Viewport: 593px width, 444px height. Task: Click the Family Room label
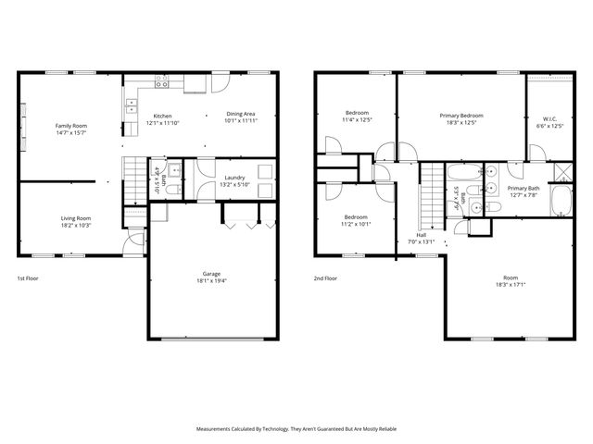70,125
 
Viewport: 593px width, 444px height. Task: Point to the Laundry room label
233,176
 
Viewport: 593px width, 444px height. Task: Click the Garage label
212,274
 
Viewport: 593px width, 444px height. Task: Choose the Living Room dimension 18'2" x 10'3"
76,225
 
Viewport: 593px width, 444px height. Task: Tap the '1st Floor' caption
29,278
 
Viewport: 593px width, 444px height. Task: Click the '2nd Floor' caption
325,278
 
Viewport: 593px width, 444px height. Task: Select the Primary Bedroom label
461,115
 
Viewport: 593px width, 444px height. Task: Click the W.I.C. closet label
549,118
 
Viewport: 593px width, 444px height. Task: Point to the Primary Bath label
523,188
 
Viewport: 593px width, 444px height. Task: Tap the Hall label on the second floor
422,235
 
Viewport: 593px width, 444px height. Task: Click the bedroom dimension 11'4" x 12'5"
356,119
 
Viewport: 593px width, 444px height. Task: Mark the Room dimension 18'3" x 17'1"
511,285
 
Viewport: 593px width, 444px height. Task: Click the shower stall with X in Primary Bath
560,171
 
